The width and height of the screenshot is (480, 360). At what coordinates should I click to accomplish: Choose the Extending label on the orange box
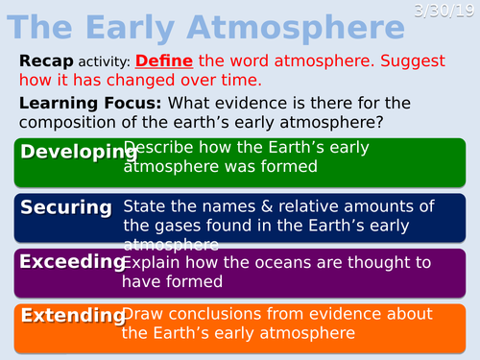click(72, 315)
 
